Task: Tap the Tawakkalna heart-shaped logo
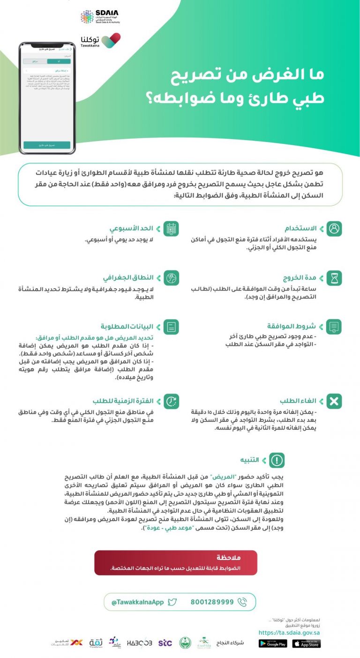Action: pyautogui.click(x=111, y=40)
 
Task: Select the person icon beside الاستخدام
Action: pyautogui.click(x=334, y=229)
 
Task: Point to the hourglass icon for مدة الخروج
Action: pyautogui.click(x=334, y=278)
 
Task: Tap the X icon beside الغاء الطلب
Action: pyautogui.click(x=334, y=401)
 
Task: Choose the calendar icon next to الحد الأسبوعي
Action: pyautogui.click(x=172, y=229)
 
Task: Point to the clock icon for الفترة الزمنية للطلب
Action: pyautogui.click(x=172, y=401)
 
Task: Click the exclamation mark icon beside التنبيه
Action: pyautogui.click(x=277, y=460)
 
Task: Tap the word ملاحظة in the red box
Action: pyautogui.click(x=230, y=558)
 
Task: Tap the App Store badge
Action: pyautogui.click(x=306, y=644)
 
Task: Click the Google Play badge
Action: pyautogui.click(x=272, y=644)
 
